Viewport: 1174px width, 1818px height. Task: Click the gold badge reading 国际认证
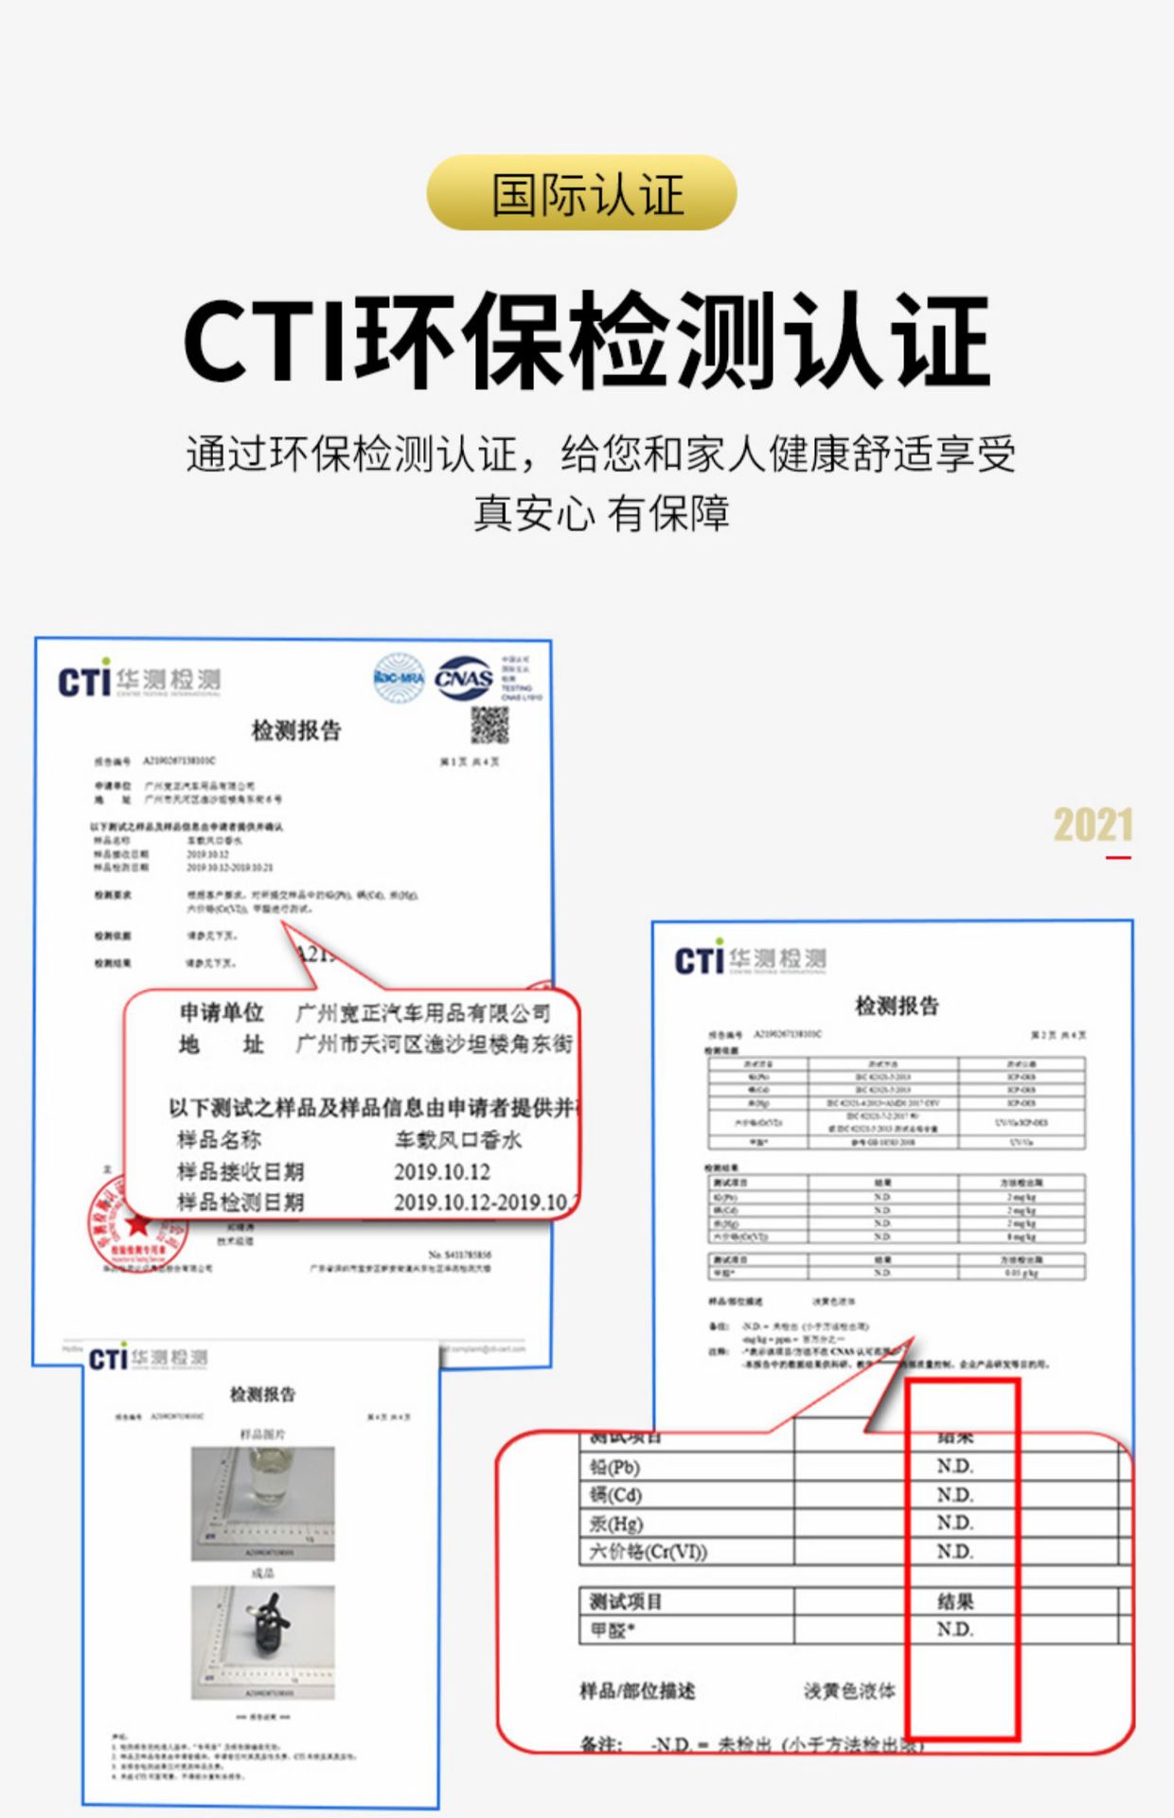pyautogui.click(x=581, y=193)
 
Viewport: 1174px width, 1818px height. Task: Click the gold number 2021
pyautogui.click(x=1093, y=826)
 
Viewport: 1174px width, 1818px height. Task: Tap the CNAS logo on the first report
pyautogui.click(x=463, y=678)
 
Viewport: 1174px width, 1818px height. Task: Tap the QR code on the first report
pyautogui.click(x=489, y=725)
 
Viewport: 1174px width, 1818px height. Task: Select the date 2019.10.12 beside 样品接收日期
pyautogui.click(x=442, y=1172)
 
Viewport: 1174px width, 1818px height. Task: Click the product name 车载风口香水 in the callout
pyautogui.click(x=458, y=1140)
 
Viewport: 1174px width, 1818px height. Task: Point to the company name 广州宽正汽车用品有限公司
pyautogui.click(x=423, y=1013)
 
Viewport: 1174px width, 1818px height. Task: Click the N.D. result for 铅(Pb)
pyautogui.click(x=954, y=1467)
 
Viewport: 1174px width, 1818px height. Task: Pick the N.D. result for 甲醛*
pyautogui.click(x=954, y=1630)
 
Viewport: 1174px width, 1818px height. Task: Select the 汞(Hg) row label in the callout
pyautogui.click(x=616, y=1524)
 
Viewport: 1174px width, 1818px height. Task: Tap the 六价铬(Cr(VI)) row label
pyautogui.click(x=649, y=1552)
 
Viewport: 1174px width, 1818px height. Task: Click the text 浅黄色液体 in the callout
pyautogui.click(x=849, y=1691)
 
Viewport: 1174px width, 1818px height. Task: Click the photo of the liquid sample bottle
pyautogui.click(x=262, y=1503)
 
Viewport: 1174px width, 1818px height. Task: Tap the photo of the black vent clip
pyautogui.click(x=262, y=1641)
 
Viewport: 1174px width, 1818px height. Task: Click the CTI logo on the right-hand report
pyautogui.click(x=700, y=960)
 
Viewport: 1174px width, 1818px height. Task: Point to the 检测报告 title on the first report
pyautogui.click(x=296, y=730)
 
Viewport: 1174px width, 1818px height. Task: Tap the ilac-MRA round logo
pyautogui.click(x=399, y=678)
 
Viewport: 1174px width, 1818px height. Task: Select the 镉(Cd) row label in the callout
pyautogui.click(x=615, y=1495)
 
